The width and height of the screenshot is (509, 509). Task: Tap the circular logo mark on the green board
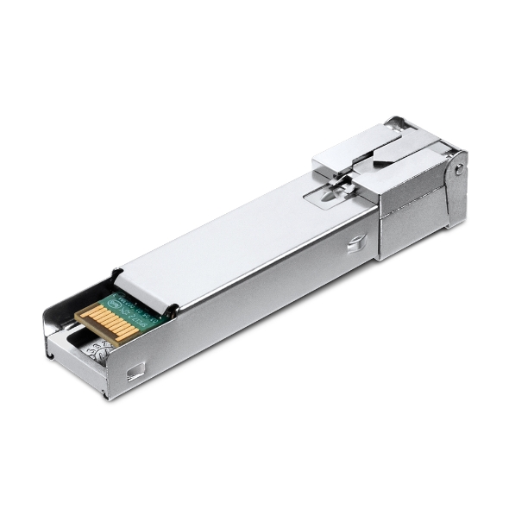[118, 301]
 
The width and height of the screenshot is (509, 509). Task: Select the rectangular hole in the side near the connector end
[135, 373]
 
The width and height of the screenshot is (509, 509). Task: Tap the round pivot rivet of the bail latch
[458, 170]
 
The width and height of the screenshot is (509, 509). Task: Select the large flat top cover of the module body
[250, 242]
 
